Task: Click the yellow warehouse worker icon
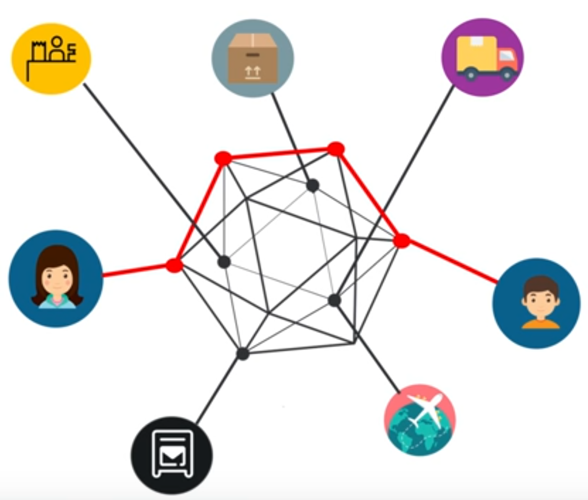tap(51, 58)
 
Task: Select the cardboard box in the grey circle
tap(253, 58)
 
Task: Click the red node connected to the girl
tap(174, 265)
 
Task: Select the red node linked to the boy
tap(402, 241)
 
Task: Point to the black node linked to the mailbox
tap(243, 353)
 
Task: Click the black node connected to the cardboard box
tap(313, 185)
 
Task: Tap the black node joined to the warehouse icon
tap(224, 262)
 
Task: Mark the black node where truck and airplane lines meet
tap(335, 300)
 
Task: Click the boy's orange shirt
tap(540, 324)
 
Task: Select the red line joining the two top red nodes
tap(279, 154)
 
